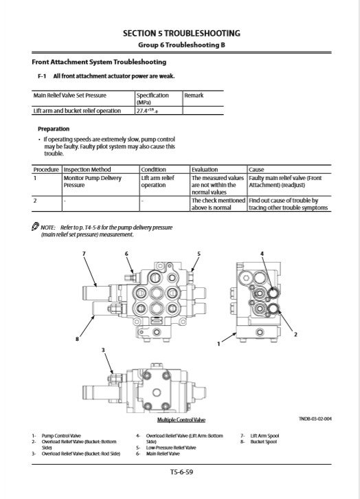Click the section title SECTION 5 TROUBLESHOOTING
point(181,34)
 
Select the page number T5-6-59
point(181,472)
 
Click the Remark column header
point(194,95)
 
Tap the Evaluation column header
point(205,169)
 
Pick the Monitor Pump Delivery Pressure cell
point(93,181)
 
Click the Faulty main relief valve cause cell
point(285,181)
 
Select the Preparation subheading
point(54,129)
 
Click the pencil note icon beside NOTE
point(35,226)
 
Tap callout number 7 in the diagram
point(84,254)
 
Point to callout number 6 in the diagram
point(126,254)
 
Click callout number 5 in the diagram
point(199,254)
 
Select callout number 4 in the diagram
point(262,254)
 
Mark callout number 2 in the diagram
point(295,334)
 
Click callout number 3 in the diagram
point(103,350)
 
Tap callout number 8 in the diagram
point(77,340)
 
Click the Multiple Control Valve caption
point(181,420)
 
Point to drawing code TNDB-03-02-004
point(315,419)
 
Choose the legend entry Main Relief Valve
point(163,454)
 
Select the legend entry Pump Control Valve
point(61,436)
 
